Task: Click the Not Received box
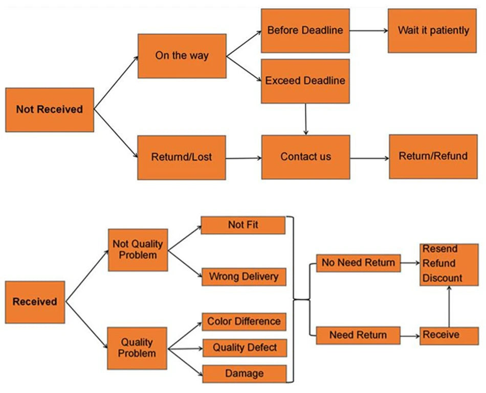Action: [x=50, y=110]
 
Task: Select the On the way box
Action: [x=182, y=56]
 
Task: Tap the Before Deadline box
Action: [x=305, y=30]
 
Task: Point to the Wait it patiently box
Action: [x=433, y=30]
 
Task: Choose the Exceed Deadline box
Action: [x=305, y=81]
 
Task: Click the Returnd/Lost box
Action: [x=182, y=157]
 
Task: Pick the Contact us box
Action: [x=305, y=157]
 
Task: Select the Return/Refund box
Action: [x=433, y=156]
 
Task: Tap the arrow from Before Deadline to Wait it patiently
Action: [x=368, y=31]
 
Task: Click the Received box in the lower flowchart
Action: [x=35, y=302]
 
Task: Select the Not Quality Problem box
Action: [x=138, y=250]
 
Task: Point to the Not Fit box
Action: [x=242, y=225]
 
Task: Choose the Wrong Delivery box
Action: [x=244, y=277]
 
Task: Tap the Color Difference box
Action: [x=244, y=322]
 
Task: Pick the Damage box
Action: [x=244, y=374]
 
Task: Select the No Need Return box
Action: [x=358, y=263]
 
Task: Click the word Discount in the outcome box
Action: [x=443, y=278]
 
